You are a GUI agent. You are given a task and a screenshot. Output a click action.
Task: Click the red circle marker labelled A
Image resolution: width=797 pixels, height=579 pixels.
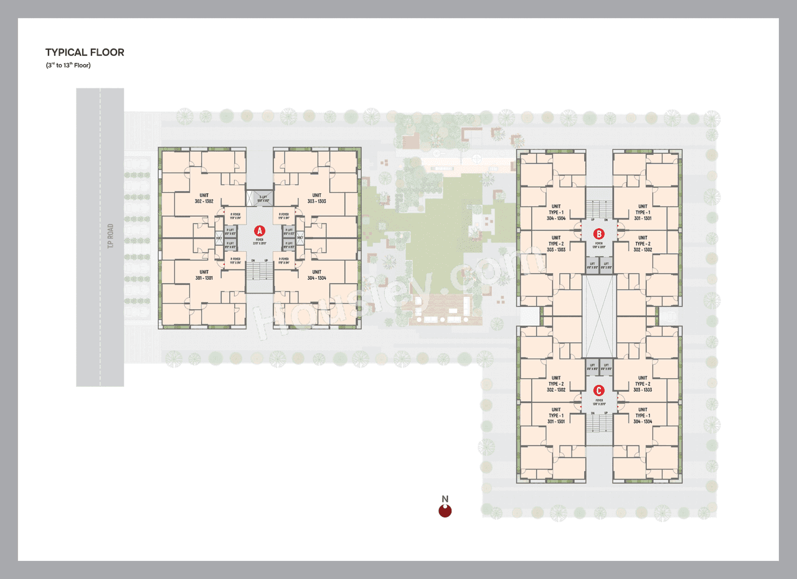click(259, 230)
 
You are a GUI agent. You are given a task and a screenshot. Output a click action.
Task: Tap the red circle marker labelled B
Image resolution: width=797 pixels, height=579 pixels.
click(598, 234)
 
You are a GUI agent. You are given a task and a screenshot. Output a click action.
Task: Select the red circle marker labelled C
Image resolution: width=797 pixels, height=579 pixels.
click(598, 391)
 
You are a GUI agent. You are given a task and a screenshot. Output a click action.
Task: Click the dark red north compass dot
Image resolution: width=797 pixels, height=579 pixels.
click(445, 511)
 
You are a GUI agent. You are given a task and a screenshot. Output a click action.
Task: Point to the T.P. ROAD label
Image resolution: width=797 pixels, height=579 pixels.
click(110, 236)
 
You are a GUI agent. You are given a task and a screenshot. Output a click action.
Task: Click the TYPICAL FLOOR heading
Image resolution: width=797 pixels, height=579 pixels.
click(85, 53)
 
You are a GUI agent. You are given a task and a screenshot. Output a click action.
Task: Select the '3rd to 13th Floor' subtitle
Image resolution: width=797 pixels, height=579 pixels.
click(68, 65)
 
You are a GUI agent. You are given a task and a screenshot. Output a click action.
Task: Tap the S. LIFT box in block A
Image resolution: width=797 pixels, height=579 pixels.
click(263, 199)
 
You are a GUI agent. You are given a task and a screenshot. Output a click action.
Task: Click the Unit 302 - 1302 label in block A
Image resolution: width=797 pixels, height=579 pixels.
click(204, 198)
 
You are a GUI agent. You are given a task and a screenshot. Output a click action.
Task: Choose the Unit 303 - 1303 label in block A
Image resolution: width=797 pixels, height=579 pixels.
click(316, 198)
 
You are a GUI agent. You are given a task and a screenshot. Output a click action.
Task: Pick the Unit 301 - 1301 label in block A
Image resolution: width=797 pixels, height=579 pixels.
click(204, 275)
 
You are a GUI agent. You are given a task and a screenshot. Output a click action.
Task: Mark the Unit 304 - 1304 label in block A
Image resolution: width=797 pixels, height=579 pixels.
click(316, 275)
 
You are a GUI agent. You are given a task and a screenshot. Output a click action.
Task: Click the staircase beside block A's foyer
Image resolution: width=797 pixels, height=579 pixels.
click(259, 271)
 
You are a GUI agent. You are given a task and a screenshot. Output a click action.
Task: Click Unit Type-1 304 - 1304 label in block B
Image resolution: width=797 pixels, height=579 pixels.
click(555, 212)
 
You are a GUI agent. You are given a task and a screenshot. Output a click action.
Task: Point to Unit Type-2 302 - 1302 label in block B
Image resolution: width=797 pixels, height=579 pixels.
click(643, 244)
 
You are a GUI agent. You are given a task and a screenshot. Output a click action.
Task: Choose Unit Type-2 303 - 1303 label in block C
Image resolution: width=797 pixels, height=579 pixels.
click(643, 384)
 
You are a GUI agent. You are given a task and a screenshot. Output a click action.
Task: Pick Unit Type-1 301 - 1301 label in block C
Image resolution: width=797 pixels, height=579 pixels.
click(555, 415)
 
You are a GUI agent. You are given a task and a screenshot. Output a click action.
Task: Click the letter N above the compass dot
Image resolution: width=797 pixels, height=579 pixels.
click(445, 499)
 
